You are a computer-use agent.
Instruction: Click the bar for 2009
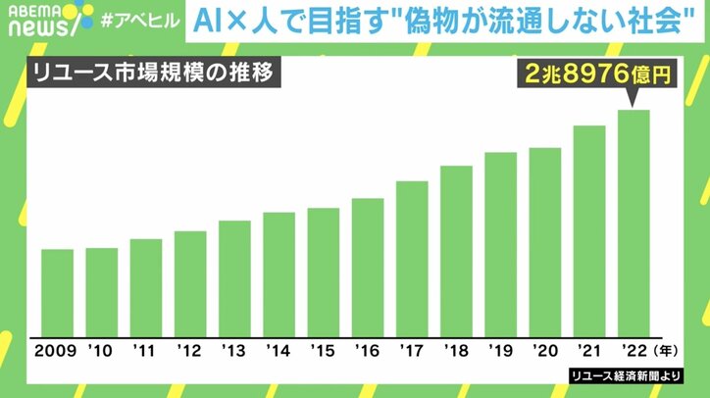tap(58, 292)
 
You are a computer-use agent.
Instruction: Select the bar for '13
tap(234, 277)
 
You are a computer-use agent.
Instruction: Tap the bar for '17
tap(412, 258)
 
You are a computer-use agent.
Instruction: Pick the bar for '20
tap(544, 241)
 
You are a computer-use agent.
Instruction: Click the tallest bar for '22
tap(634, 223)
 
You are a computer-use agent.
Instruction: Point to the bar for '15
tap(324, 272)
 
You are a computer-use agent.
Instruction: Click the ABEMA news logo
tap(38, 20)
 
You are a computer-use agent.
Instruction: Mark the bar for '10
tap(101, 291)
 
